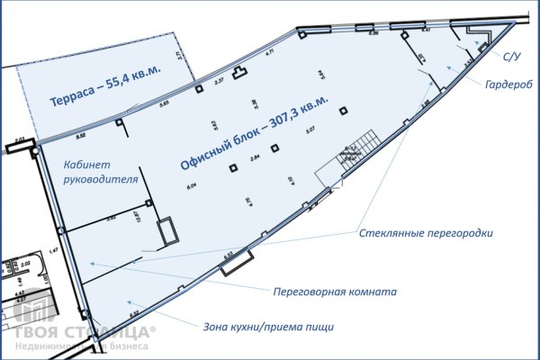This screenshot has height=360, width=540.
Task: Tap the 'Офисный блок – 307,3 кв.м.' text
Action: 255,127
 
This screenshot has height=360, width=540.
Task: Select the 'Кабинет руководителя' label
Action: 99,172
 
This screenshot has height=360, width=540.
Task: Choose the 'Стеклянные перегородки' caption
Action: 426,233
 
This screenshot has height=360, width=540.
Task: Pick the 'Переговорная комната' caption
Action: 336,292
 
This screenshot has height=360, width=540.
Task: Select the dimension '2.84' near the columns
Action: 255,157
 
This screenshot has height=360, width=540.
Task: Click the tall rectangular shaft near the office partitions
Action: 167,231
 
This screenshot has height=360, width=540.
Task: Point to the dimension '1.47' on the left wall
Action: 53,252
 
